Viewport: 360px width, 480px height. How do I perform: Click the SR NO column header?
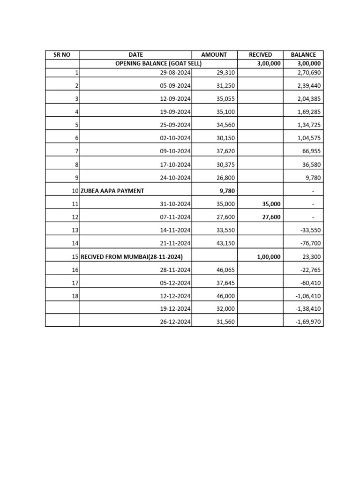coord(62,55)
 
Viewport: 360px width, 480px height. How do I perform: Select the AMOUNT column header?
coord(214,55)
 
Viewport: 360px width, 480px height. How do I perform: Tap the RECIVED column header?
coord(260,55)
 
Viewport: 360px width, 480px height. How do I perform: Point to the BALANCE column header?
coord(303,55)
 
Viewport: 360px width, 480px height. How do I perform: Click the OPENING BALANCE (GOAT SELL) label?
coord(158,64)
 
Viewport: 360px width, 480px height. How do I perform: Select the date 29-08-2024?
coord(175,73)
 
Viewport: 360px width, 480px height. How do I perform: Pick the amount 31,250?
coord(226,86)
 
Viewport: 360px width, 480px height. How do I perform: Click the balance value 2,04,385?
coord(309,99)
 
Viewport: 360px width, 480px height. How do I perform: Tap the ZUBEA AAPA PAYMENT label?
coord(112,191)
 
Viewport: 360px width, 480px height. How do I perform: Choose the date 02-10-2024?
coord(175,139)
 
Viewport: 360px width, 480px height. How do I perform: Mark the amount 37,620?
coord(226,152)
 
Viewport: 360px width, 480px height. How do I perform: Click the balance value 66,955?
coord(312,152)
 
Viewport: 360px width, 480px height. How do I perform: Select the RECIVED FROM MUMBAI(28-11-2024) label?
coord(132,257)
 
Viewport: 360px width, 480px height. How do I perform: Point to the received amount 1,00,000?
coord(269,257)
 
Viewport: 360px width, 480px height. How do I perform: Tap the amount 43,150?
coord(226,244)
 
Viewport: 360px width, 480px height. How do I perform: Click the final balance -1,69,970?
coord(309,322)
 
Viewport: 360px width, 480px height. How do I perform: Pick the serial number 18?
coord(75,296)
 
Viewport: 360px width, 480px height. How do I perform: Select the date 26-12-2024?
coord(175,322)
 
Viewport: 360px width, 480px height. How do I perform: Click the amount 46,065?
coord(226,270)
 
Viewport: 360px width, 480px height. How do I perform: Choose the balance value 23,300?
coord(312,257)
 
